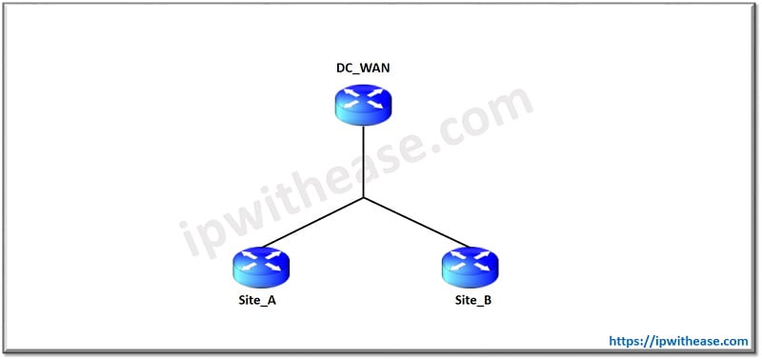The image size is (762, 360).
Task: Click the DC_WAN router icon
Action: coord(363,103)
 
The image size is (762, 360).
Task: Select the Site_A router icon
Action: coord(260,266)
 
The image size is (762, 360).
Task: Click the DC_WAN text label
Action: coord(363,69)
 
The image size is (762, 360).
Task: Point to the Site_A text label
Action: coord(259,301)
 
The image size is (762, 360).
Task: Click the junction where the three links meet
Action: coord(363,199)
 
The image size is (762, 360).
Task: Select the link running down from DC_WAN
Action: coord(363,162)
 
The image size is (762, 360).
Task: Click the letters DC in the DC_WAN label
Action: coord(343,69)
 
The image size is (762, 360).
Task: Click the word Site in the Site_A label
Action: coord(251,301)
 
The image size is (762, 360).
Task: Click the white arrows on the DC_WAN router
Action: coord(363,97)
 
